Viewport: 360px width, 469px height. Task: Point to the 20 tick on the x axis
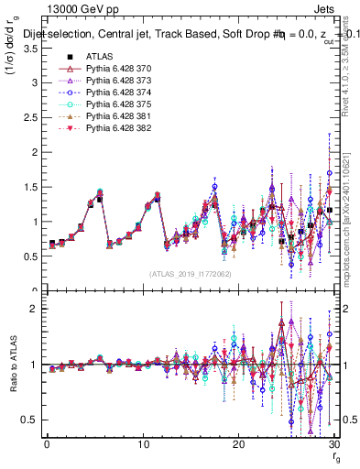(238, 444)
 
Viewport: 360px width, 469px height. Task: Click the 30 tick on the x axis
(333, 444)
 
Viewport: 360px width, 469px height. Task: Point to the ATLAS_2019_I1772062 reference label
(191, 274)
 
